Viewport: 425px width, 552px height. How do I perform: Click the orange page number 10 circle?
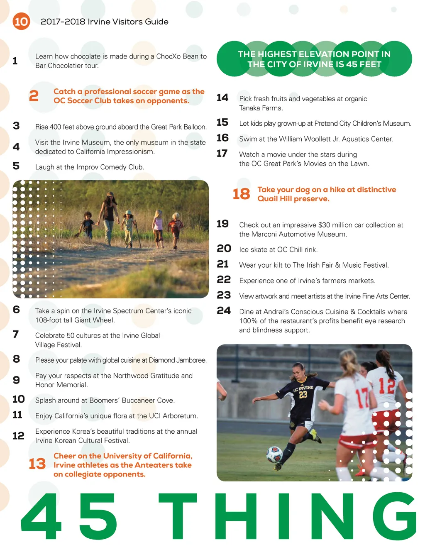(21, 21)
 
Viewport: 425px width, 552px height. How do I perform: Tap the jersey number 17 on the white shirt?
(362, 397)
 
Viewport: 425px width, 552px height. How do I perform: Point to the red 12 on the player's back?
(386, 386)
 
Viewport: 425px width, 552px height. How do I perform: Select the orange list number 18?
(241, 194)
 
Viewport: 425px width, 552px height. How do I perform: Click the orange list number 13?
(37, 464)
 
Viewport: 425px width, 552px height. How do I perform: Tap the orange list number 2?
(34, 96)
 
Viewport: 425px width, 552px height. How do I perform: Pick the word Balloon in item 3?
(195, 127)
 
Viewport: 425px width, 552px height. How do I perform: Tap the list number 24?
(224, 310)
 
